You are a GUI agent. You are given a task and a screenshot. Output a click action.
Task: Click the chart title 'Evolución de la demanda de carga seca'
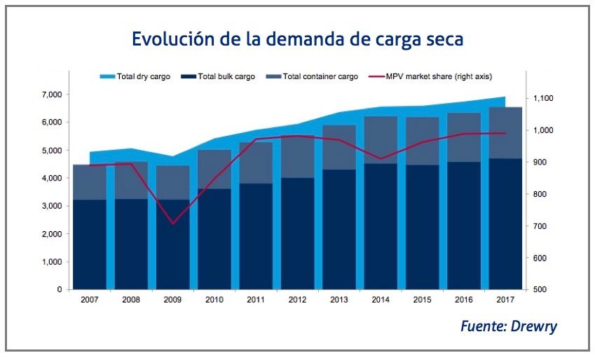[297, 39]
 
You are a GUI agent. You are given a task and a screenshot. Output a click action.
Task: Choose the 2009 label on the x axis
[172, 300]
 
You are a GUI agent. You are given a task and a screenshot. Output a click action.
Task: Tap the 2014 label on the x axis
[380, 300]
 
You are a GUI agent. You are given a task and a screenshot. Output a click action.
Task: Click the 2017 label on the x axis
[505, 300]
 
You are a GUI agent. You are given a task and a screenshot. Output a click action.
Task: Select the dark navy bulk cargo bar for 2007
[89, 245]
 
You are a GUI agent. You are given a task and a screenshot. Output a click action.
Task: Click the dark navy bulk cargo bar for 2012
[296, 235]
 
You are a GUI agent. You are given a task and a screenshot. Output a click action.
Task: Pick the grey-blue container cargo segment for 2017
[505, 133]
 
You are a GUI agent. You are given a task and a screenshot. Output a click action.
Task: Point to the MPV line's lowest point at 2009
[172, 224]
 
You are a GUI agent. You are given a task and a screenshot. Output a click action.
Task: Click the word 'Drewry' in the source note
[535, 326]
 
